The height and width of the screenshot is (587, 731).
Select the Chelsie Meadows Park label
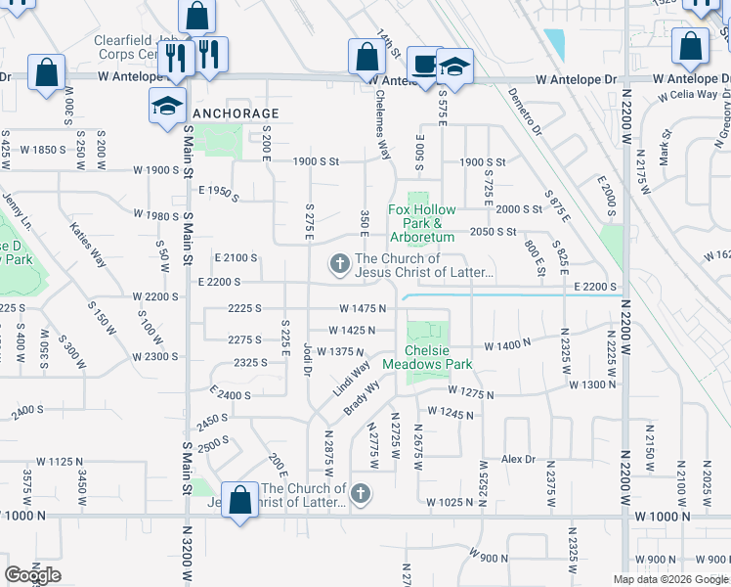[x=427, y=357]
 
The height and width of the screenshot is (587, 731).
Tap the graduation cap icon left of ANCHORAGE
[x=167, y=104]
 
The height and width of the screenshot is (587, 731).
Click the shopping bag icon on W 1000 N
[x=240, y=501]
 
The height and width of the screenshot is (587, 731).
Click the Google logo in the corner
[x=32, y=575]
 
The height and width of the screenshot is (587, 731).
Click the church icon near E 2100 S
[x=339, y=262]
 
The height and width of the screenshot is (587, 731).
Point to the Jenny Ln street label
[x=18, y=209]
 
